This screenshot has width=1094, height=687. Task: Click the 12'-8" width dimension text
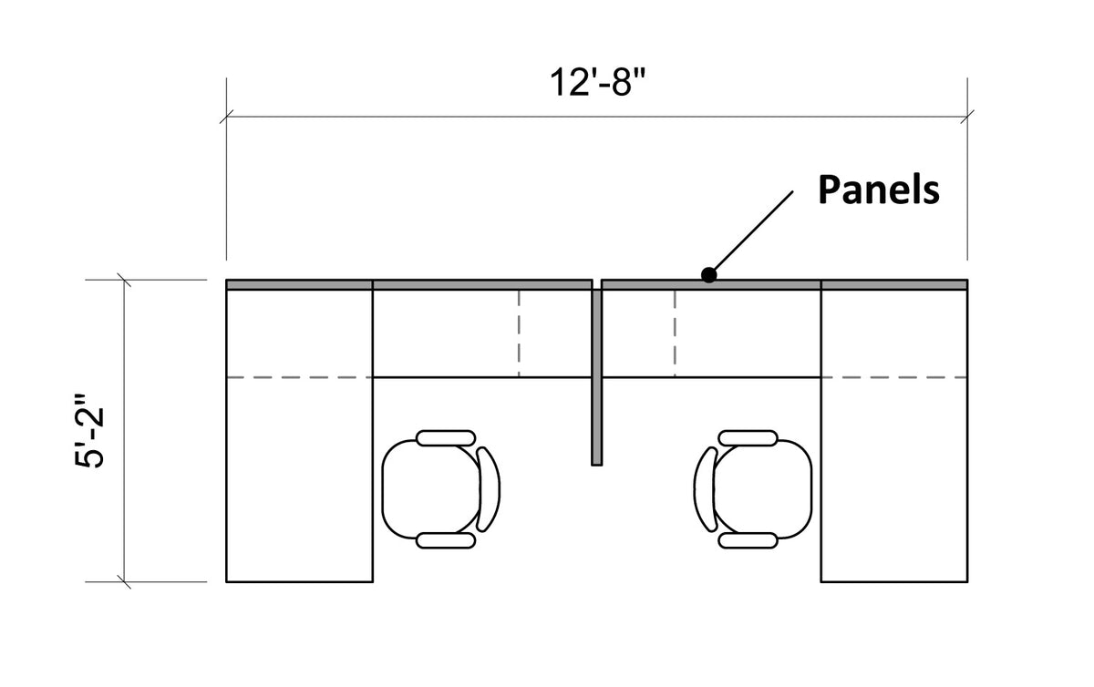pos(598,82)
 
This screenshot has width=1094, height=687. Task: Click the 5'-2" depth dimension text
pos(90,431)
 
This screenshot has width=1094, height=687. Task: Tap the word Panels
pos(879,190)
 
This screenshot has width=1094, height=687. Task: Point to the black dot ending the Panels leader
pos(708,275)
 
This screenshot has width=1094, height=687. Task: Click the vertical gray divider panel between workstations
pos(597,377)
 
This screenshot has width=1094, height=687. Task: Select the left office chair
pos(440,489)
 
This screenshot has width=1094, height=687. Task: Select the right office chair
pos(753,489)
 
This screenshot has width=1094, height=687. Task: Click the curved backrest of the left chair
pos(490,489)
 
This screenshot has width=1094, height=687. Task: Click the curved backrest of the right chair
pos(704,489)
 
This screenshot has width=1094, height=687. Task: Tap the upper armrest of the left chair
pos(446,438)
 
